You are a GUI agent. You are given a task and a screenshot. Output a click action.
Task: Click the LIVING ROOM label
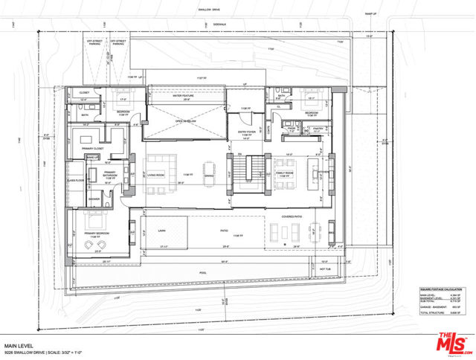pos(155,176)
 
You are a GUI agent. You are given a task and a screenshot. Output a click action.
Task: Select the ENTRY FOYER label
pos(247,132)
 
